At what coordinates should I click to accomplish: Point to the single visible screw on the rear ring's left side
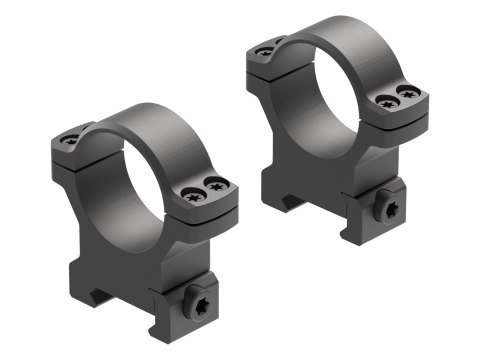click(265, 50)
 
